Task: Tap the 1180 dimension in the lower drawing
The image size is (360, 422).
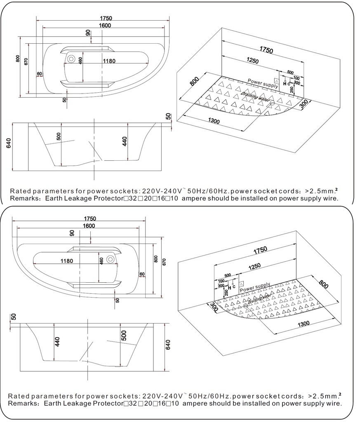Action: pyautogui.click(x=67, y=261)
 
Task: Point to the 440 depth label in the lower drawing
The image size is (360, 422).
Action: pyautogui.click(x=57, y=342)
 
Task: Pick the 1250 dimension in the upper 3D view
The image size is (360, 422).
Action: pyautogui.click(x=252, y=61)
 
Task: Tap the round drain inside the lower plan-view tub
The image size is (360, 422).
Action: pyautogui.click(x=110, y=259)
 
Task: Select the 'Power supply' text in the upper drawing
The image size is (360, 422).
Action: pyautogui.click(x=263, y=84)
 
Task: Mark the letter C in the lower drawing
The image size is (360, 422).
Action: pyautogui.click(x=234, y=287)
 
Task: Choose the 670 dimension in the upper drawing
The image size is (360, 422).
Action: pyautogui.click(x=26, y=62)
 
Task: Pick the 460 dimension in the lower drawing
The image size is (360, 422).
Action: pyautogui.click(x=101, y=262)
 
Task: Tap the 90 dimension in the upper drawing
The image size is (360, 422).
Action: pyautogui.click(x=88, y=33)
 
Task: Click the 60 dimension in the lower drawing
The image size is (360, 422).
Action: pyautogui.click(x=142, y=274)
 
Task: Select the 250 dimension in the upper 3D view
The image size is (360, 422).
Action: pyautogui.click(x=291, y=90)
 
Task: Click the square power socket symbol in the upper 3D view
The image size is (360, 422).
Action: pyautogui.click(x=276, y=81)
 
